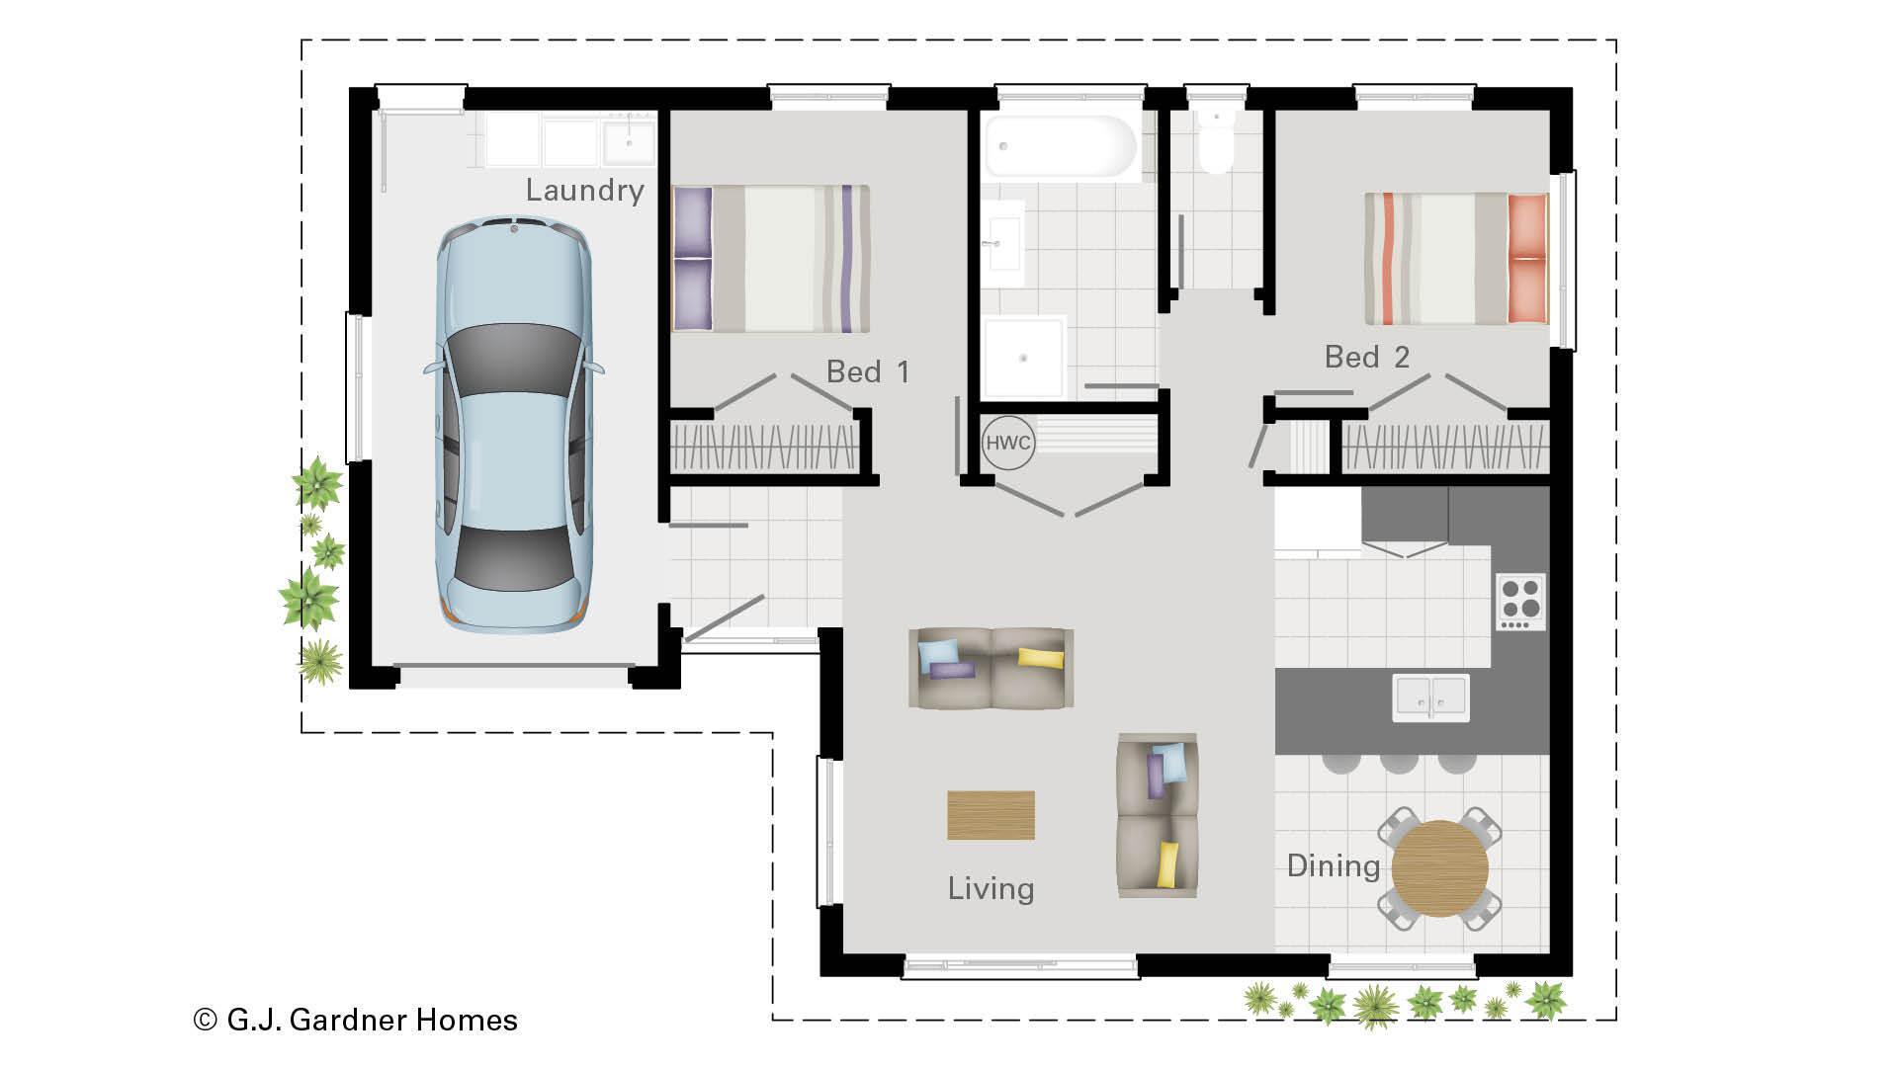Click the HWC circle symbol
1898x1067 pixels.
click(x=1007, y=443)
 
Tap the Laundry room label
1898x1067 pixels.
click(x=584, y=190)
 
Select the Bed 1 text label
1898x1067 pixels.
click(x=867, y=371)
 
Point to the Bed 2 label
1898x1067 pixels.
click(x=1366, y=357)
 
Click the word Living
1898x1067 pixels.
click(x=991, y=888)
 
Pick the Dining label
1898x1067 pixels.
click(x=1333, y=866)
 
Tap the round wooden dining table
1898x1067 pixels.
click(x=1439, y=869)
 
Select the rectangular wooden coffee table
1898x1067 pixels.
click(x=991, y=815)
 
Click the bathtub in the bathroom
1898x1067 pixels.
click(x=1061, y=147)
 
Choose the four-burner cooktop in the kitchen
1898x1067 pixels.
click(x=1520, y=601)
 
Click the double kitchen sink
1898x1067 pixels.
click(x=1430, y=698)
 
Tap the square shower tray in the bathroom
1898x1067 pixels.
click(x=1024, y=358)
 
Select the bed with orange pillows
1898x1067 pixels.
click(x=1455, y=259)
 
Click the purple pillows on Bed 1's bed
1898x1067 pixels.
click(x=692, y=259)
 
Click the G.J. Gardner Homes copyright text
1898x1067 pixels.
click(x=356, y=1020)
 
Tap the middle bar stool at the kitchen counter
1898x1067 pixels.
click(x=1399, y=763)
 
